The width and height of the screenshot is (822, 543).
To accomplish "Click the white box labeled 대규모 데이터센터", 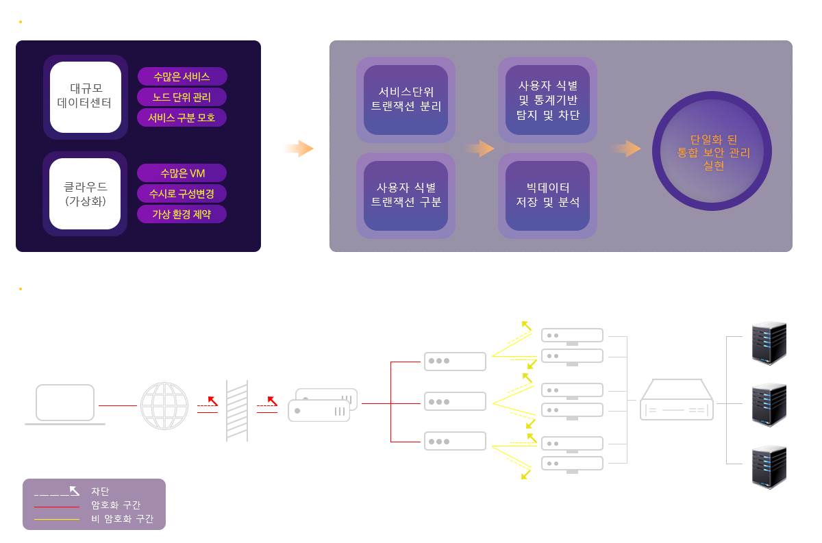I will coord(86,97).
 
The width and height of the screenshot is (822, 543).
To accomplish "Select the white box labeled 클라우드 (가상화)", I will coord(86,194).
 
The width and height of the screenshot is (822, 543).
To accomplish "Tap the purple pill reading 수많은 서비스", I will coord(182,77).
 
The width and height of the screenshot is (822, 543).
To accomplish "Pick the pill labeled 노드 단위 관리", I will coord(182,97).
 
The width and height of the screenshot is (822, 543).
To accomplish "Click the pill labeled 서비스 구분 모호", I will coord(182,118).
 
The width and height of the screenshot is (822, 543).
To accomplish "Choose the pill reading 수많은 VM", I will coord(182,173).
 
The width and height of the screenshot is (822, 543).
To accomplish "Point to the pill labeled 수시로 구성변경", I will coord(182,194).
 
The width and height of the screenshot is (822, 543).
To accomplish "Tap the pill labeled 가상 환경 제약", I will coord(182,214).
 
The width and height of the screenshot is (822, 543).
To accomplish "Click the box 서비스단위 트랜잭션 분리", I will coord(406,100).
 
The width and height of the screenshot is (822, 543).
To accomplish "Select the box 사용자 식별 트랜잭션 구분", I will coord(406,195).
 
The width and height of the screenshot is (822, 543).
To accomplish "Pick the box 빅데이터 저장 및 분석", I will coord(547,195).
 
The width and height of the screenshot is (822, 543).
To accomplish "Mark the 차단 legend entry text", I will coord(100,491).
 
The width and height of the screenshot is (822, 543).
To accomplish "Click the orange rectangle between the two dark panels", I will coord(297,149).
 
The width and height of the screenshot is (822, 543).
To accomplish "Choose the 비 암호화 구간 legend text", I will coord(122,519).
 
